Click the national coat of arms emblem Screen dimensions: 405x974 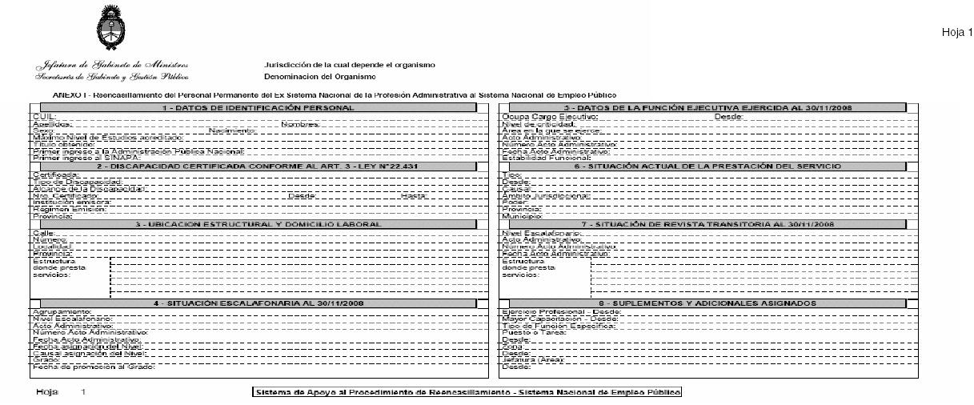tap(110, 28)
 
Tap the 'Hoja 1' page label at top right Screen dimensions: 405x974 tap(956, 33)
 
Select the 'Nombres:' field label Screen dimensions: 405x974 tap(300, 124)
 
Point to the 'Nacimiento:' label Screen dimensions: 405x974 tap(232, 130)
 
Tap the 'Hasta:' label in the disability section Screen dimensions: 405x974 tap(414, 195)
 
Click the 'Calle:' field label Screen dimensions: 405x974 tap(43, 232)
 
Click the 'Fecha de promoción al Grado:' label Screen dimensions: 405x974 tap(93, 367)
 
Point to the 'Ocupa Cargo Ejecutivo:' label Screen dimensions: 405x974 tap(549, 117)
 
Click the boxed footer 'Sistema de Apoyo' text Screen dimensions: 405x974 tap(467, 392)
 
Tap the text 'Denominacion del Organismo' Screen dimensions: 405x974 tap(319, 76)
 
